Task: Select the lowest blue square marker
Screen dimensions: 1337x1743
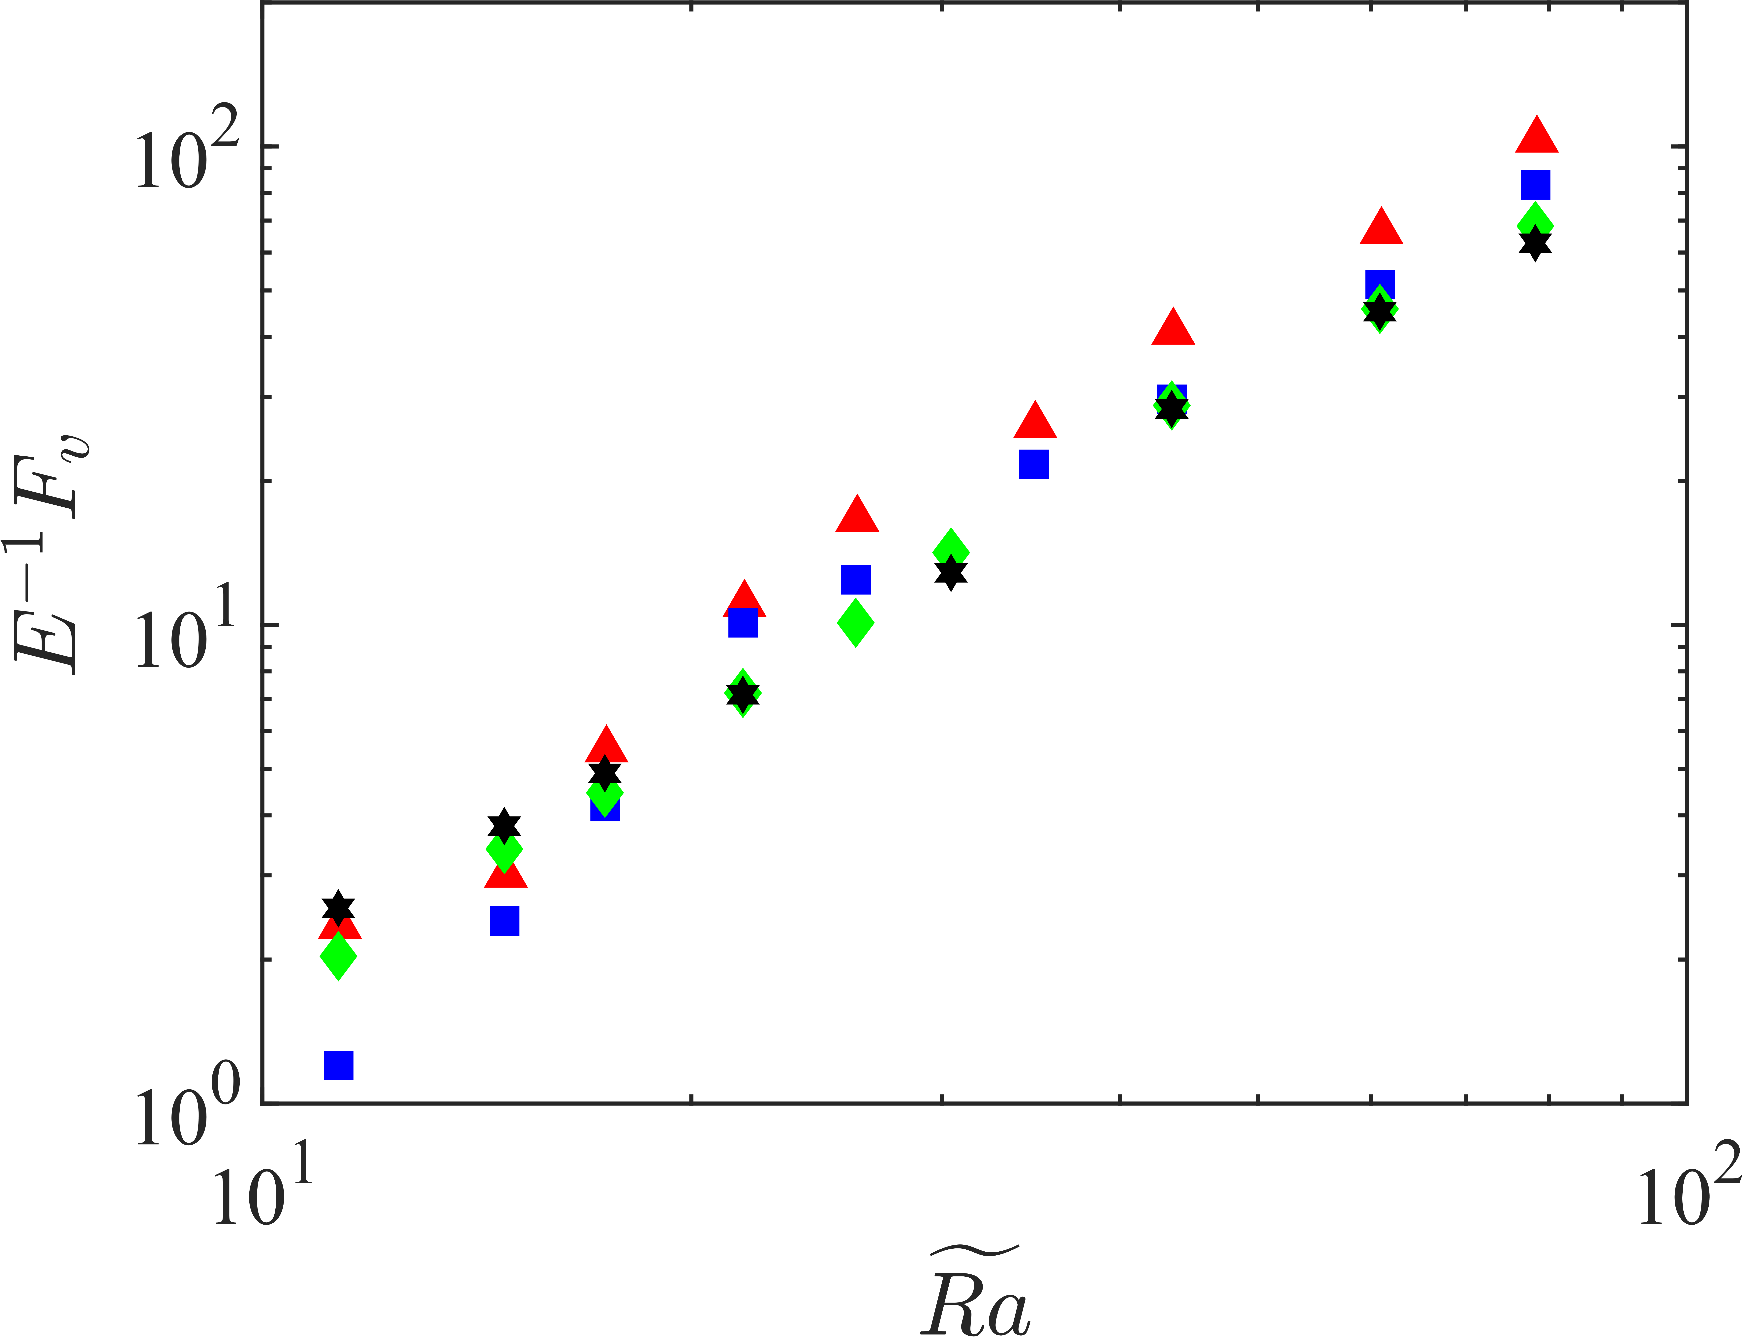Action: click(x=338, y=1065)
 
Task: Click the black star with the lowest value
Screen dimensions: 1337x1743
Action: click(x=338, y=907)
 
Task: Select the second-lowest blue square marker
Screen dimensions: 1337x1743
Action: click(x=504, y=921)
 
